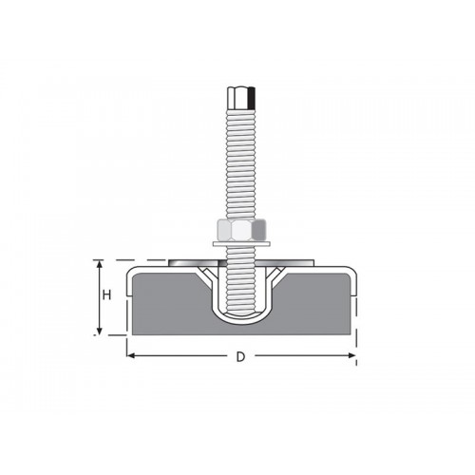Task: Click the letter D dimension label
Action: point(241,357)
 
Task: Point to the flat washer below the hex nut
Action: point(240,246)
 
